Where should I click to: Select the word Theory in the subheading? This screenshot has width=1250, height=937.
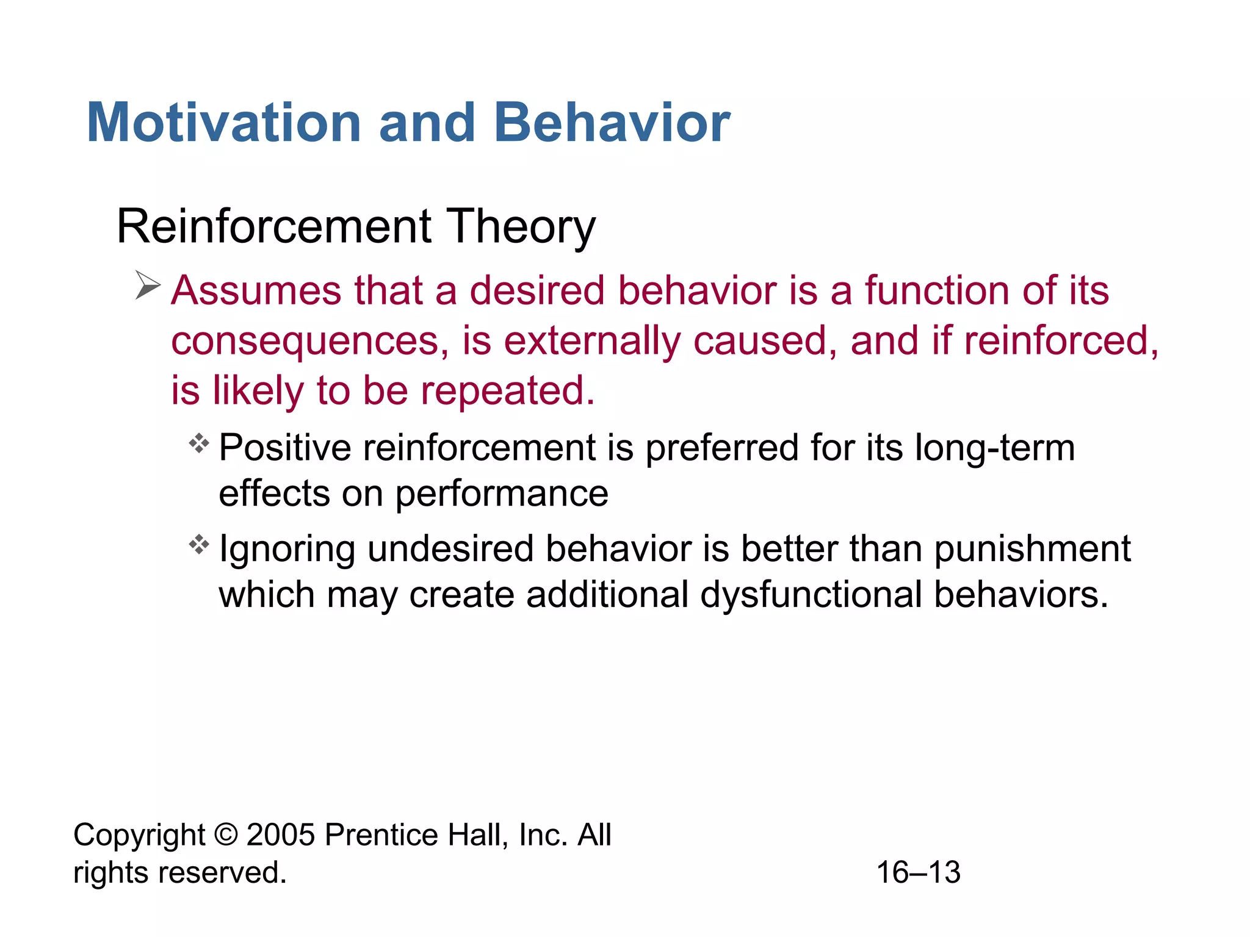pos(521,227)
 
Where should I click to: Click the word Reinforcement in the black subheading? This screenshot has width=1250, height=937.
pos(274,227)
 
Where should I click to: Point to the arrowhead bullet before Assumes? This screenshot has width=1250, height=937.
pos(147,285)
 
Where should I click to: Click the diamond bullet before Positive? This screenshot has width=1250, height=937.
pos(199,443)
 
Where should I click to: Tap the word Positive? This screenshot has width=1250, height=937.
pos(284,448)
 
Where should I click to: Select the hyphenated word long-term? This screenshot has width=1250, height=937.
pos(994,448)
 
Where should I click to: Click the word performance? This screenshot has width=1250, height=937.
pos(502,494)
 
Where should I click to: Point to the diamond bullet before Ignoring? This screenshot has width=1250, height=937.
pos(199,544)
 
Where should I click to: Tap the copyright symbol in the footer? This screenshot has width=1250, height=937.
pos(226,835)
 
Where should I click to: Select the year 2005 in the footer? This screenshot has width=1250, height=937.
pos(281,835)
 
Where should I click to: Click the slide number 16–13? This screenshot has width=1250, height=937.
pos(918,872)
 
